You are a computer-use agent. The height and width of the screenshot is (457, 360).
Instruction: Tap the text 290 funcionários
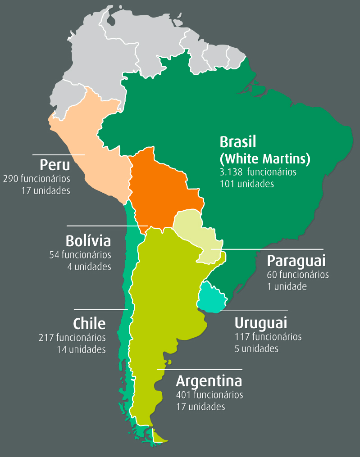pos(36,179)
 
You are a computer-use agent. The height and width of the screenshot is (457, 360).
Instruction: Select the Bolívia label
pos(88,241)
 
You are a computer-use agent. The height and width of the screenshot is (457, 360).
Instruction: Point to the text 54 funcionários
pos(80,255)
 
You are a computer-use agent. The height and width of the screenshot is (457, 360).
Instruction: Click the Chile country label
pos(89,324)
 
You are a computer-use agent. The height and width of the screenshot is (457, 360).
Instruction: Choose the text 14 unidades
pos(81,349)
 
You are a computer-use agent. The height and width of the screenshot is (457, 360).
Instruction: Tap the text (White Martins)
pos(265,158)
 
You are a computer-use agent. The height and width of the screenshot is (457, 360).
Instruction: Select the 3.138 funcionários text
pos(258,172)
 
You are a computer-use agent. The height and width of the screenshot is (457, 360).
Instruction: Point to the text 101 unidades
pos(246,184)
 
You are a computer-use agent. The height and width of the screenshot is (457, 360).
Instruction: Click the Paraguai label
pos(296,261)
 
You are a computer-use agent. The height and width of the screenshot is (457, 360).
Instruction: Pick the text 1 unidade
pos(287,286)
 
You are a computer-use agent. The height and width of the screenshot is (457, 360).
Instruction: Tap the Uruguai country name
pos(261,323)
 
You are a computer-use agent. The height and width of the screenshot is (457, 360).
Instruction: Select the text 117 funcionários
pos(268,337)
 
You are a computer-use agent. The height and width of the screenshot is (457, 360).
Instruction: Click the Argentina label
pos(209,381)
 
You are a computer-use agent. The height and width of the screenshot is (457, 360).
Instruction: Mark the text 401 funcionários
pos(210,395)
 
